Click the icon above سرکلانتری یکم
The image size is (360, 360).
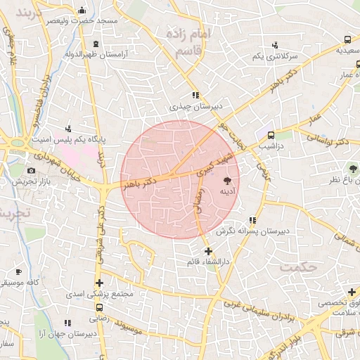[x=274, y=44]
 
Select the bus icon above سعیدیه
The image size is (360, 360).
[x=347, y=40]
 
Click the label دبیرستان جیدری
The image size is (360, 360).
[x=195, y=107]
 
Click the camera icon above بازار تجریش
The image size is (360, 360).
[x=31, y=171]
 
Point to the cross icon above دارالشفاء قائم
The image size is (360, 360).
[x=207, y=251]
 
